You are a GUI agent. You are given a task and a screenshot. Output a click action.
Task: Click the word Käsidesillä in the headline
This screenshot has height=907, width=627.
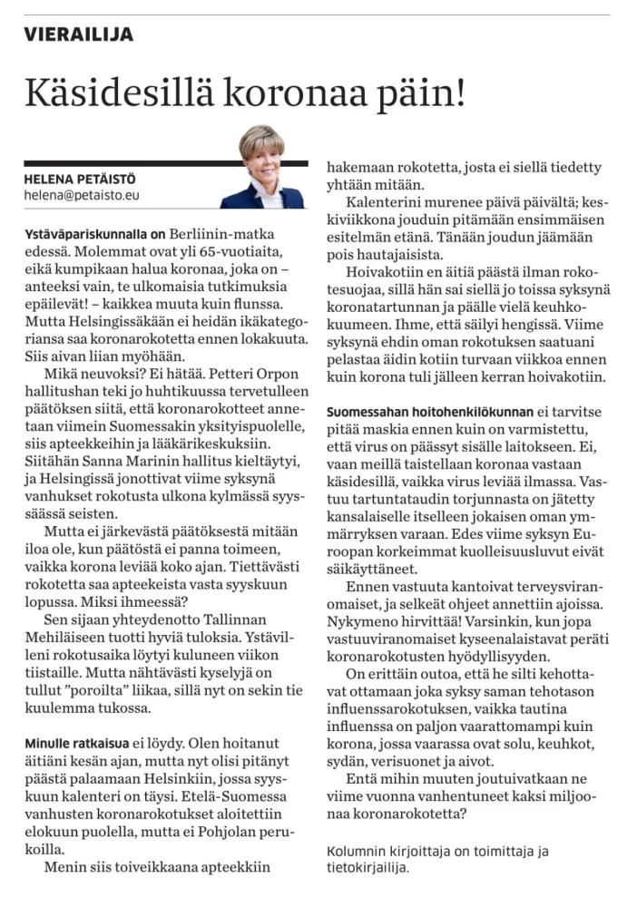click(x=116, y=93)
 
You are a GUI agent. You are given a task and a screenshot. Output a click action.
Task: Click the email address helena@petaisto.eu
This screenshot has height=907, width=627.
click(x=82, y=194)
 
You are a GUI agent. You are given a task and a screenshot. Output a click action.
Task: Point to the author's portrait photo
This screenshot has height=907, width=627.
click(x=261, y=167)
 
